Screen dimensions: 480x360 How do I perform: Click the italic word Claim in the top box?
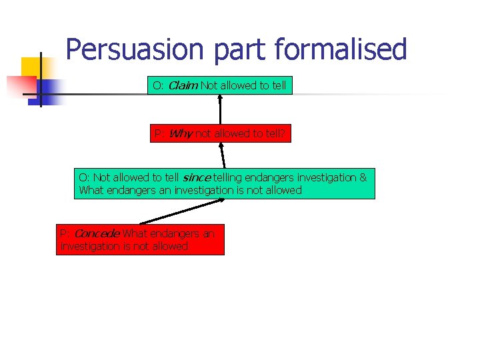pos(182,85)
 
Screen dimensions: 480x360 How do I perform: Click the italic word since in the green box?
pos(197,177)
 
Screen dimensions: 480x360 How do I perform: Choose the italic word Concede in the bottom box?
pos(97,233)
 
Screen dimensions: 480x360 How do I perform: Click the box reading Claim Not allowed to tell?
pos(219,85)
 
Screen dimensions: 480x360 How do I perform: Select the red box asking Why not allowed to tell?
pos(220,134)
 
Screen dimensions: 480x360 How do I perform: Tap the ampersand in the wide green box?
pos(363,177)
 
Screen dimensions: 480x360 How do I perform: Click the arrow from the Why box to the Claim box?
pos(219,109)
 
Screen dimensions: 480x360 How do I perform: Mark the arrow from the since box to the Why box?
pos(223,155)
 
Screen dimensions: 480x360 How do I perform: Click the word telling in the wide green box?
pos(229,177)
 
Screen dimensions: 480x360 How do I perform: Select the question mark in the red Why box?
pos(283,134)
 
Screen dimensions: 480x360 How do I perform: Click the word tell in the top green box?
pos(279,85)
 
